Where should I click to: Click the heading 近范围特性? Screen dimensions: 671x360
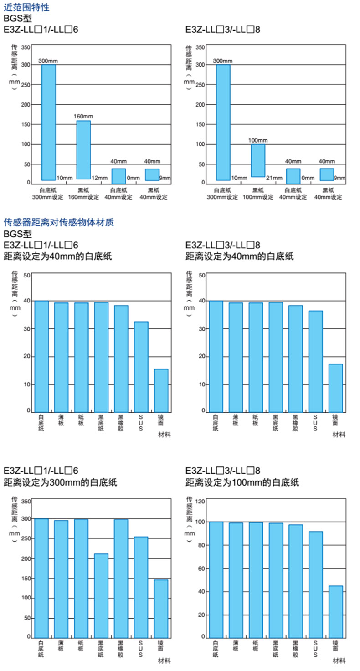pyautogui.click(x=26, y=7)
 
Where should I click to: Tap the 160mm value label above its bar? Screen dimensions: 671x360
pyautogui.click(x=83, y=117)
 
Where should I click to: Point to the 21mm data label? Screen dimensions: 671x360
pyautogui.click(x=273, y=178)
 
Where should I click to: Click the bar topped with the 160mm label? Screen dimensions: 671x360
pyautogui.click(x=83, y=150)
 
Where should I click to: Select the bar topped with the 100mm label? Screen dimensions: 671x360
pyautogui.click(x=258, y=160)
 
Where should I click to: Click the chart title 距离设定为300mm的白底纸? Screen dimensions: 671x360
pyautogui.click(x=60, y=482)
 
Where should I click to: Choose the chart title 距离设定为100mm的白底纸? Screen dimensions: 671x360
pyautogui.click(x=242, y=482)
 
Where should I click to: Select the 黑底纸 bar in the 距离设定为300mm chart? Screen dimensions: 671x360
pyautogui.click(x=101, y=595)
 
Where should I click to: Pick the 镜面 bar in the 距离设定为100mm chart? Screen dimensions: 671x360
pyautogui.click(x=335, y=611)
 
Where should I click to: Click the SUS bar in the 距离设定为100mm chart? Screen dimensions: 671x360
pyautogui.click(x=315, y=584)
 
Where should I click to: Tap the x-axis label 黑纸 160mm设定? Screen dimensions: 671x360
pyautogui.click(x=84, y=194)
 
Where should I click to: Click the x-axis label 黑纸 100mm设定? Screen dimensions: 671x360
pyautogui.click(x=258, y=194)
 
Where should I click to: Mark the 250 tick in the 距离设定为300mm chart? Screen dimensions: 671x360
pyautogui.click(x=25, y=539)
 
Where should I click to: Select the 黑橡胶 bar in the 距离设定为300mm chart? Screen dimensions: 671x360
pyautogui.click(x=121, y=578)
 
